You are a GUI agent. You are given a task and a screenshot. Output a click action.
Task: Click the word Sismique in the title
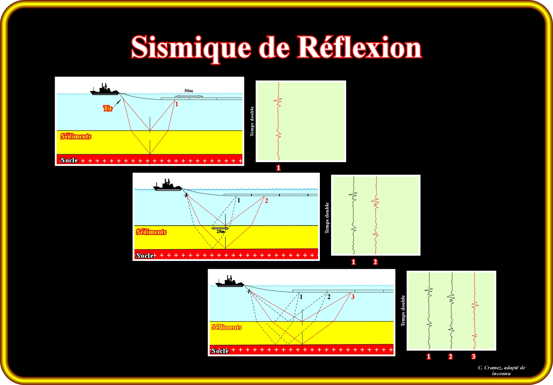[191, 48]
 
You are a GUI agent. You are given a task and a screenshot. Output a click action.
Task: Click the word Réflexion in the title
[360, 47]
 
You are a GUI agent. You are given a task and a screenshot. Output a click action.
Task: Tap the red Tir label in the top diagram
[108, 108]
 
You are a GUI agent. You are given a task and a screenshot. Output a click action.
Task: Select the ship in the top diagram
[104, 90]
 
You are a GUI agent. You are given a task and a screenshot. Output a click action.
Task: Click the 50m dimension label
[189, 91]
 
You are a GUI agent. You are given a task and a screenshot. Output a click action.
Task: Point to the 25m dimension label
[221, 232]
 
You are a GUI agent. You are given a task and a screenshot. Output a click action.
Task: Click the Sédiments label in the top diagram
[76, 137]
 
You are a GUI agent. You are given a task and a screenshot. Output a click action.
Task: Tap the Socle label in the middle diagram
[145, 255]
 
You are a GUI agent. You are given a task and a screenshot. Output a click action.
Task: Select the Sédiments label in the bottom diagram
[226, 327]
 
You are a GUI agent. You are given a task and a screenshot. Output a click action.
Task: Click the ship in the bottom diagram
[230, 282]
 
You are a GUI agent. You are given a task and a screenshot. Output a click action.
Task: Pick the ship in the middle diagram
[168, 185]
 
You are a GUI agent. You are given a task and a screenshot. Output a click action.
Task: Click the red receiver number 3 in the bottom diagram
[353, 297]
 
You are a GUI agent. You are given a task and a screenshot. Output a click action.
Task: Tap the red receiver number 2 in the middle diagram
[266, 201]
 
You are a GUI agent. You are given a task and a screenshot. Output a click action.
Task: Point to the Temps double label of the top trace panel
[252, 121]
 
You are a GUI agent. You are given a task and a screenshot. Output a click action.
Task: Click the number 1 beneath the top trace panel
[279, 168]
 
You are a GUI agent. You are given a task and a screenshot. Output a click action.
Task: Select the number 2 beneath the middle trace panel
[375, 262]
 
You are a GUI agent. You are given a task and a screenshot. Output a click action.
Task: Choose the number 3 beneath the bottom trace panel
[474, 356]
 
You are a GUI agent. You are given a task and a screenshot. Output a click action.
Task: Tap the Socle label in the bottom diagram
[220, 351]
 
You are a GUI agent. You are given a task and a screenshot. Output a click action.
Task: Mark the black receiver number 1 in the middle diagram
[239, 201]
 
